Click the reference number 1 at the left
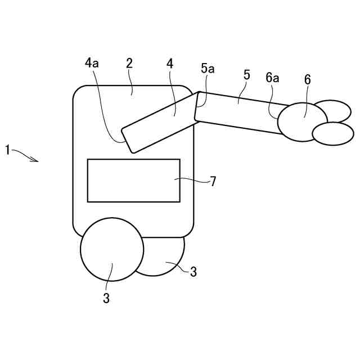(7, 150)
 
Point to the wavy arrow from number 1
(25, 155)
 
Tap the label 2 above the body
(129, 63)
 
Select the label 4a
(92, 63)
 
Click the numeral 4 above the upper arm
(170, 63)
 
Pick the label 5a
(208, 69)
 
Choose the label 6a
(272, 78)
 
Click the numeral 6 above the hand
(307, 79)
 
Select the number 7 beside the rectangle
(213, 181)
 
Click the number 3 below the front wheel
(106, 298)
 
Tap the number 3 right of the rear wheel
(193, 272)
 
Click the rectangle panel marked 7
(133, 180)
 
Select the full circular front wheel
(111, 249)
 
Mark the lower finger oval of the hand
(332, 133)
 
